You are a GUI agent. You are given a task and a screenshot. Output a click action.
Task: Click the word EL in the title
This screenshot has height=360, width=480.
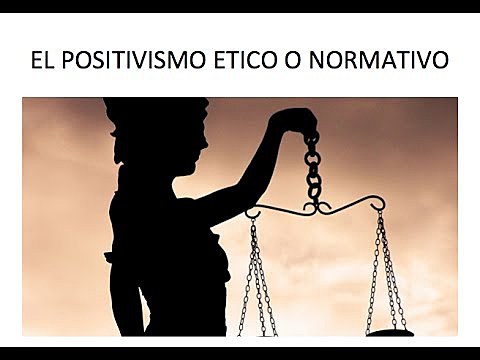(x=41, y=62)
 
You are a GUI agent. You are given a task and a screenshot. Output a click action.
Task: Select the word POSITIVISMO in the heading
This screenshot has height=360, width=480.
(x=133, y=62)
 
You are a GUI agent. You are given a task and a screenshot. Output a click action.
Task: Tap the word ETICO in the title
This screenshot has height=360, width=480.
(x=248, y=62)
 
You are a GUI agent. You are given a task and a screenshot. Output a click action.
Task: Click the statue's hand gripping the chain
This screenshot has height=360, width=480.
(x=297, y=121)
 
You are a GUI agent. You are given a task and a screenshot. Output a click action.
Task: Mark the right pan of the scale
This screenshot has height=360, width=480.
(x=388, y=329)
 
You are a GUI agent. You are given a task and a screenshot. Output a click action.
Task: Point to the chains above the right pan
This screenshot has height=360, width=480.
(x=387, y=270)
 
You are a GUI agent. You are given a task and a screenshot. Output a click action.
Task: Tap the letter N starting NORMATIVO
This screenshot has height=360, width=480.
(x=331, y=62)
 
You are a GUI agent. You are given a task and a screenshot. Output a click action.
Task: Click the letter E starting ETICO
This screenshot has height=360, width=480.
(x=215, y=62)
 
